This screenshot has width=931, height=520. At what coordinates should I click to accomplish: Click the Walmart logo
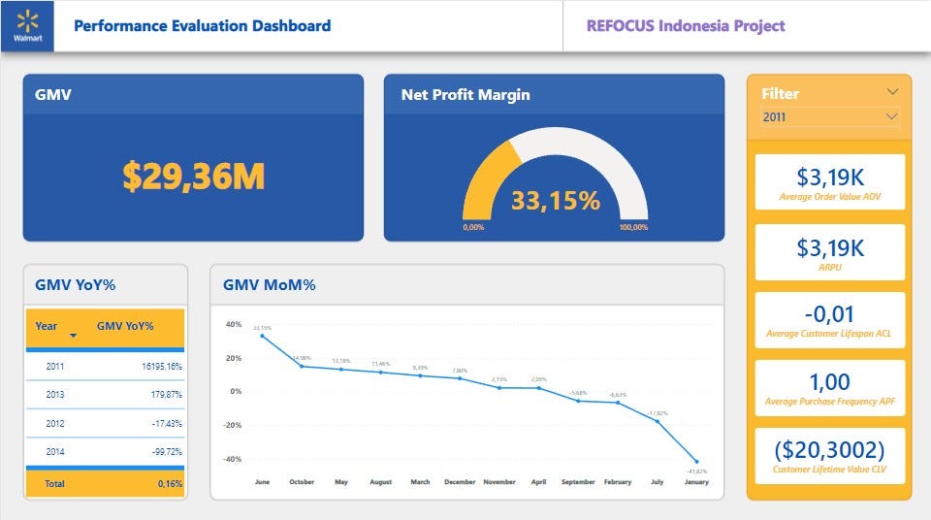(x=27, y=24)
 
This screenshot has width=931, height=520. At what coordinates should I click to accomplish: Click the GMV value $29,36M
(x=193, y=176)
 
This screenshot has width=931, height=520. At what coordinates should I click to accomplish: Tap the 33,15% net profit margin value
(x=555, y=201)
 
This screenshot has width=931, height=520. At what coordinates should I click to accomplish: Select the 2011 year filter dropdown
(x=829, y=116)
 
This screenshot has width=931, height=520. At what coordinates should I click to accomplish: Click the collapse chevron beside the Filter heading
(x=892, y=92)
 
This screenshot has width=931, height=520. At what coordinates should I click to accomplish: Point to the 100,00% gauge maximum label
(x=633, y=227)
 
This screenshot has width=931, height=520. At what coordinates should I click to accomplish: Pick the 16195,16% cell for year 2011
(x=155, y=367)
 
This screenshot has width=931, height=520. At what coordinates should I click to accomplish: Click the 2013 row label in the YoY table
(x=56, y=395)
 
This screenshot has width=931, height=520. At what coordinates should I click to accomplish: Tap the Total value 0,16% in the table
(x=170, y=483)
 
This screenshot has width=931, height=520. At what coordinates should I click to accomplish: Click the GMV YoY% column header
(x=125, y=326)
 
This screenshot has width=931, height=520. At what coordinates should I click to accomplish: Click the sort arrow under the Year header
(x=73, y=337)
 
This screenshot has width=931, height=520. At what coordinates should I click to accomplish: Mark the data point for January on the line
(x=696, y=461)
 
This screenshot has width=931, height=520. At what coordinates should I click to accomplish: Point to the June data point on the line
(x=262, y=336)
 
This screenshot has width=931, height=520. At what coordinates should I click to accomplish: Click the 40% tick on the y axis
(x=233, y=324)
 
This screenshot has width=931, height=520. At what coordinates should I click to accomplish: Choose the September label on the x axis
(x=578, y=481)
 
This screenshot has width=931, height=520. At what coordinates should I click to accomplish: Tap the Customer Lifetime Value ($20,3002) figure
(x=829, y=450)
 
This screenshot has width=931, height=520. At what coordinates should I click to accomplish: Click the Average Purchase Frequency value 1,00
(x=829, y=382)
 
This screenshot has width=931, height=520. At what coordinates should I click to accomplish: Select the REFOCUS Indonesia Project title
(x=686, y=26)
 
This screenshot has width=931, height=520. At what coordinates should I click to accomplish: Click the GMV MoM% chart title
(x=269, y=285)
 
